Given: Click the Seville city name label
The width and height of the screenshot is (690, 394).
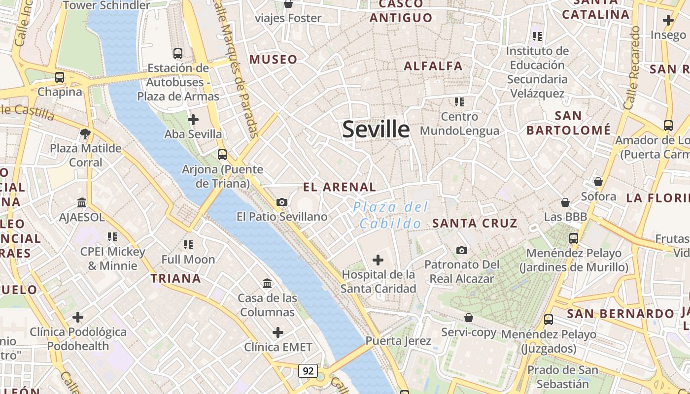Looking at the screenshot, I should [x=376, y=129].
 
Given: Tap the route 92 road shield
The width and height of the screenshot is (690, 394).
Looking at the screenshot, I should [x=308, y=371].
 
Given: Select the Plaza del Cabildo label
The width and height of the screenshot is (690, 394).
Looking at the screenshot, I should [x=390, y=215].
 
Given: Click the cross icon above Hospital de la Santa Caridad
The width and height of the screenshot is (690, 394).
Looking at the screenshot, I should [x=378, y=260].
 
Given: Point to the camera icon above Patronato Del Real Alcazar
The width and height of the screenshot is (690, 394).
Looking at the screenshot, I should [x=462, y=250].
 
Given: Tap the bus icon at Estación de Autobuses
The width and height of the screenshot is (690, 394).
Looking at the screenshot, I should [x=178, y=54].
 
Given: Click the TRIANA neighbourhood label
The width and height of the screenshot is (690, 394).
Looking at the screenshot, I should [x=175, y=278].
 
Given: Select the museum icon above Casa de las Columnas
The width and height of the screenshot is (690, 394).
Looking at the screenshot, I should [x=268, y=283].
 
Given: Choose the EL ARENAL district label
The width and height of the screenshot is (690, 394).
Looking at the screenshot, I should [x=340, y=187].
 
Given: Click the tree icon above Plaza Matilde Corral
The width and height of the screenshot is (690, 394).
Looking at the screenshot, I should [x=85, y=133].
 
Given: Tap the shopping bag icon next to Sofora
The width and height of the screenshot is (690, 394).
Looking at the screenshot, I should [x=598, y=182].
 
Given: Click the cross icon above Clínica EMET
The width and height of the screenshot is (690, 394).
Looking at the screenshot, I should [x=278, y=332].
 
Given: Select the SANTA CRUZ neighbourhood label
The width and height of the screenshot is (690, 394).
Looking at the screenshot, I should [x=475, y=223].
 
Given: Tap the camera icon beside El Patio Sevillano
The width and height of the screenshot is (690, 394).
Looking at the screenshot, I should [x=282, y=202].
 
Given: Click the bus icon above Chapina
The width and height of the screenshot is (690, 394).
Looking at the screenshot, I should [x=60, y=77].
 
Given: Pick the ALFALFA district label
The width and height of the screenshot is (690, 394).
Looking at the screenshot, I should [x=433, y=66].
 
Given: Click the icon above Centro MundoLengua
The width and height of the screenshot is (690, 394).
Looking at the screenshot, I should [x=459, y=102].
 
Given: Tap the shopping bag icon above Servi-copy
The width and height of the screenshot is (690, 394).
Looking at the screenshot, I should [x=469, y=318].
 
